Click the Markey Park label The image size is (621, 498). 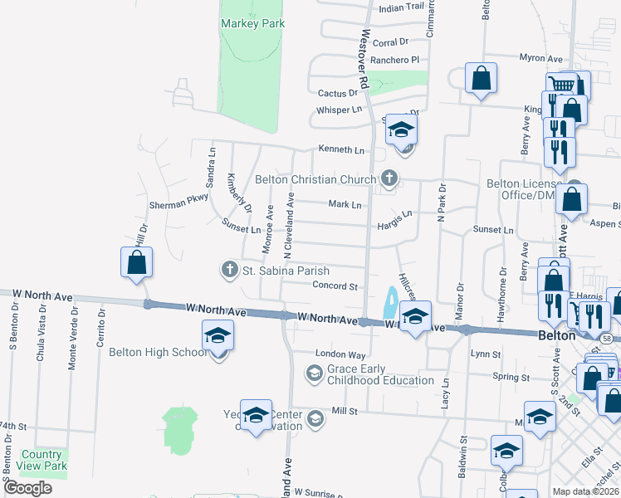pyautogui.click(x=253, y=24)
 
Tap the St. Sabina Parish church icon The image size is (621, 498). pyautogui.click(x=230, y=269)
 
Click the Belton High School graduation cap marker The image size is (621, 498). pyautogui.click(x=218, y=336)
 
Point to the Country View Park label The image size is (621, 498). pyautogui.click(x=42, y=460)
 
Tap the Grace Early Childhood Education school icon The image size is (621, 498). pyautogui.click(x=314, y=374)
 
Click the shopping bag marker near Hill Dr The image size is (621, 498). pyautogui.click(x=137, y=263)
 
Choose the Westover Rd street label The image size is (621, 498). pyautogui.click(x=363, y=60)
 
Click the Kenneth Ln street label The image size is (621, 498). pyautogui.click(x=342, y=150)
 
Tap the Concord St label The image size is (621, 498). pyautogui.click(x=335, y=286)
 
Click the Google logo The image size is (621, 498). pyautogui.click(x=27, y=488)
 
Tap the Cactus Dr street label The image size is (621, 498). pyautogui.click(x=337, y=93)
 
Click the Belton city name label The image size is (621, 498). pyautogui.click(x=556, y=336)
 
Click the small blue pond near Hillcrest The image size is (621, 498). pyautogui.click(x=389, y=303)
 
